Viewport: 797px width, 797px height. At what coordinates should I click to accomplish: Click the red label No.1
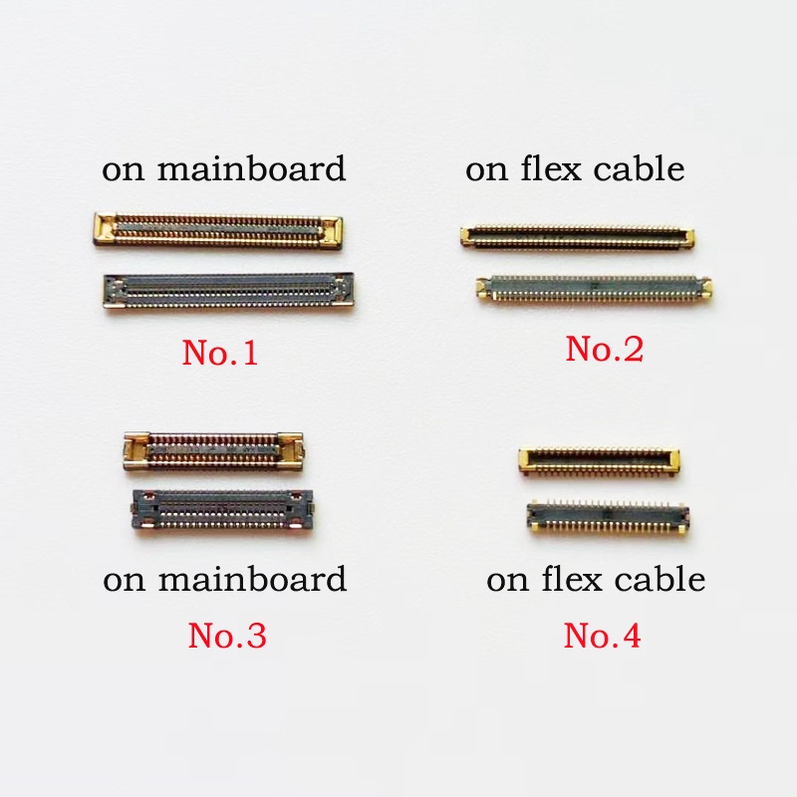(220, 353)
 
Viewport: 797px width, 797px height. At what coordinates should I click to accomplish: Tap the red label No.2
(605, 349)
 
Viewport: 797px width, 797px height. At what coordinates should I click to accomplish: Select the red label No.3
(227, 635)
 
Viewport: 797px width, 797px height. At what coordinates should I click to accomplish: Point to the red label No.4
(603, 635)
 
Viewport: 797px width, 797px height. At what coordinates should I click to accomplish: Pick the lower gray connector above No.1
(229, 292)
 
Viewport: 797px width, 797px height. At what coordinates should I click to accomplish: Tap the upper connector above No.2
(578, 237)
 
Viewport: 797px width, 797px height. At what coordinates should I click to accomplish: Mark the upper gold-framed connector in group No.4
(600, 461)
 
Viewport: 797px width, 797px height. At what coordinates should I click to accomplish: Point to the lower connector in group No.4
(609, 516)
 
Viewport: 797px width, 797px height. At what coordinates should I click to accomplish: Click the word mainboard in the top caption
(251, 168)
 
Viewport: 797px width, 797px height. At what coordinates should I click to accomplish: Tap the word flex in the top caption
(551, 168)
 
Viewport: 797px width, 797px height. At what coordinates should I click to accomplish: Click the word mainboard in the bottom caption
(252, 579)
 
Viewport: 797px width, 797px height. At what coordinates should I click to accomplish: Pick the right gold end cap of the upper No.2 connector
(688, 238)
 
